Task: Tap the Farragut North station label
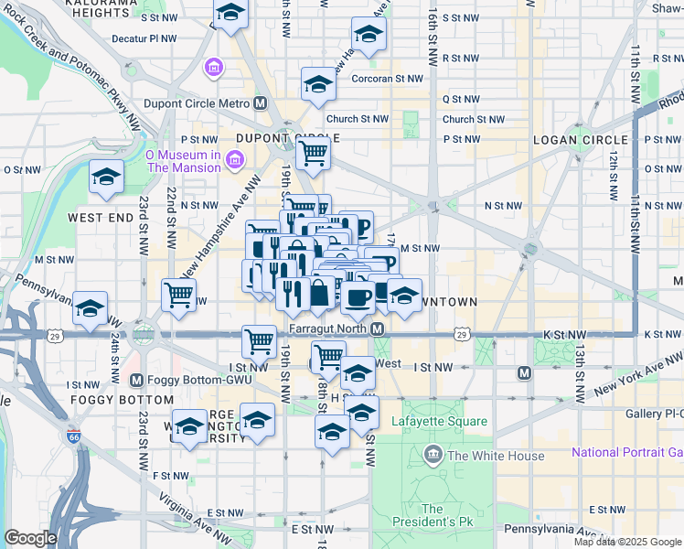pos(326,328)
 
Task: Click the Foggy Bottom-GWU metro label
pos(181,380)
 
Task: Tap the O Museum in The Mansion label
pos(183,161)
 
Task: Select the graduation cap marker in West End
pos(106,177)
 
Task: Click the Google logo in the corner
pos(29,538)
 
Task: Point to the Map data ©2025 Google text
pos(627,542)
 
